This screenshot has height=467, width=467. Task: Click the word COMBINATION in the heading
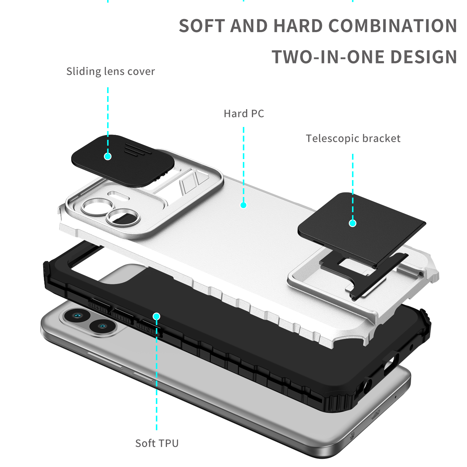pos(393,26)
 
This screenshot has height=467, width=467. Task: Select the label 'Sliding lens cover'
pos(111,72)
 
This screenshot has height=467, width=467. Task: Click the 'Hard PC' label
pos(244,114)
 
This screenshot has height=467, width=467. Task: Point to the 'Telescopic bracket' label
pos(353,138)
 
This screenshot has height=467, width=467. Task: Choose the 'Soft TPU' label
pos(157,443)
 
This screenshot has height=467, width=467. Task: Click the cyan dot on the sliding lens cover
pos(108,156)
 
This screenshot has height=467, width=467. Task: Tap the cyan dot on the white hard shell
pos(243,205)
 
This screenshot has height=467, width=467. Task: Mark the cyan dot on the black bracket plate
pos(353,223)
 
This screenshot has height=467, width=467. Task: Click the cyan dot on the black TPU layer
pos(156,316)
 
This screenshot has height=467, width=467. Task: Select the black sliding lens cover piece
pos(123,161)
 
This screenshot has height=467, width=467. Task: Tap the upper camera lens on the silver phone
pos(76,316)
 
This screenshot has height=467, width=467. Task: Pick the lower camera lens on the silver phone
pos(102,326)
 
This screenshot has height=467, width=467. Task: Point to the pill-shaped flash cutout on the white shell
pos(119,195)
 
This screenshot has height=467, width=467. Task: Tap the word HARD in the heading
pos(298,26)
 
